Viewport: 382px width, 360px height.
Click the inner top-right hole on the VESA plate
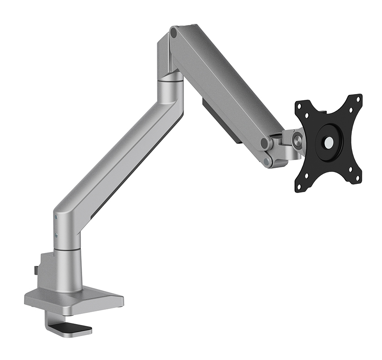(x=350, y=110)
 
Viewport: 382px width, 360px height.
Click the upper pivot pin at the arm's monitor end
(x=265, y=143)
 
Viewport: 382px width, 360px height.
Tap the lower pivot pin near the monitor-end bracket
(x=268, y=162)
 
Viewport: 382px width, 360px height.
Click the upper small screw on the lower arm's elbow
(x=55, y=218)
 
